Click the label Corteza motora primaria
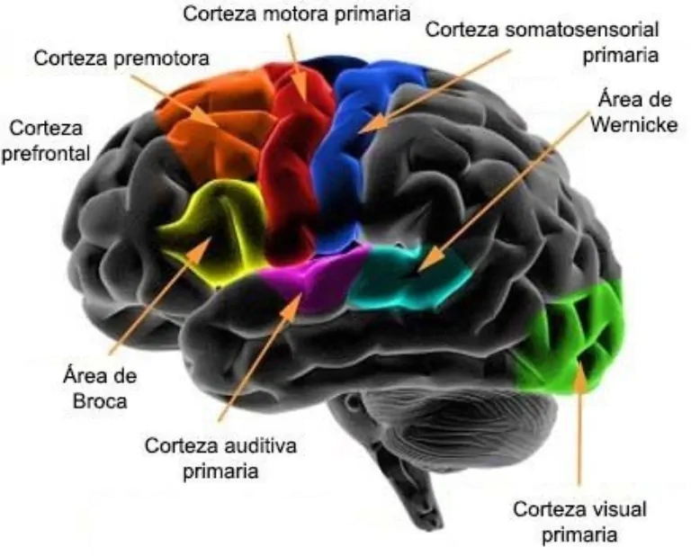[x=296, y=13]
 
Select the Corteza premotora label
[x=121, y=58]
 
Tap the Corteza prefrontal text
[x=46, y=140]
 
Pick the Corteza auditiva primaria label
[x=220, y=457]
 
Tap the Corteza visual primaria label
[x=579, y=521]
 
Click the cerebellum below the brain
[x=423, y=423]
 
